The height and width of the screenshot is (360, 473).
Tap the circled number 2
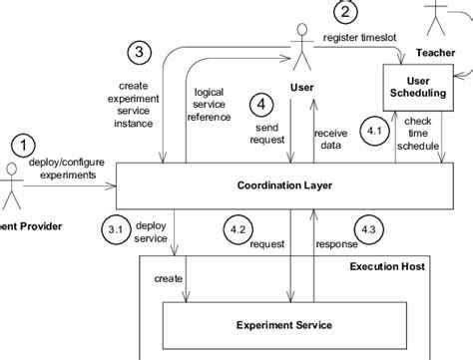point(345,12)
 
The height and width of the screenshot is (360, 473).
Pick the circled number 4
point(261,103)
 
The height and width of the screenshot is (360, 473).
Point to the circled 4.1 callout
point(375,132)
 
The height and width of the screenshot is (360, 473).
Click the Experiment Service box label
point(284,324)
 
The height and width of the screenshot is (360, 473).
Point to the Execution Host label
point(386,266)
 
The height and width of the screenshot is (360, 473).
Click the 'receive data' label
point(330,139)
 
